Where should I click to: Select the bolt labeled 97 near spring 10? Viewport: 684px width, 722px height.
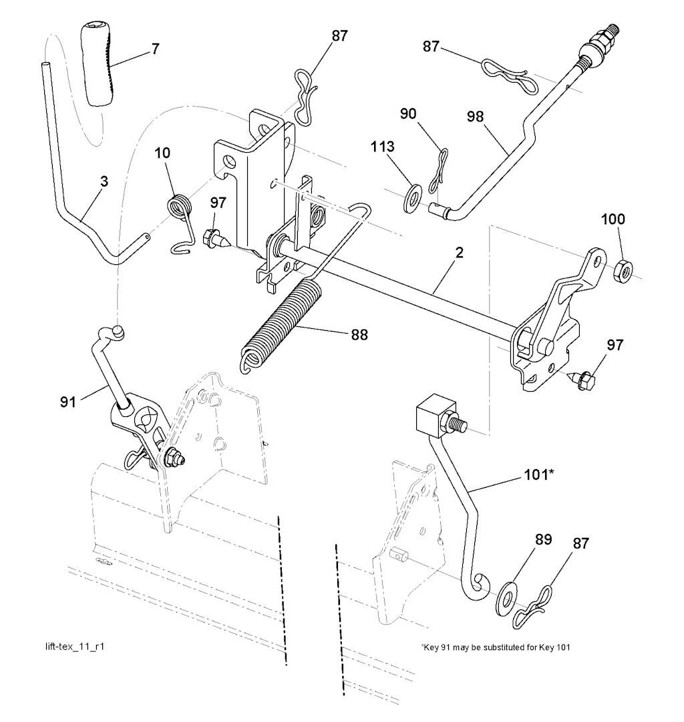pos(212,238)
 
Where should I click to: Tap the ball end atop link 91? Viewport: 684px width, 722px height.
pos(118,330)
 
